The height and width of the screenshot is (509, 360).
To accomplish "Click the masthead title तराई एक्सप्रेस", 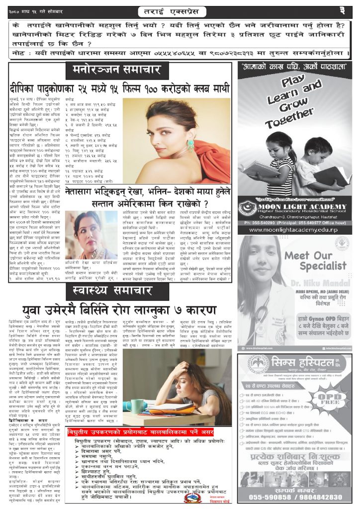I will tap(180, 10).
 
